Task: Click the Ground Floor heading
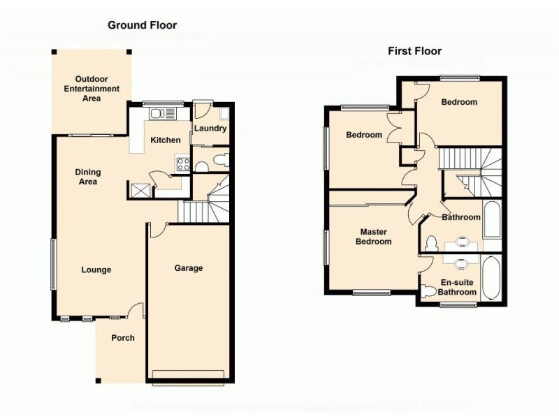tap(142, 25)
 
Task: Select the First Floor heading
tap(414, 51)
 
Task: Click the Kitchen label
tap(166, 140)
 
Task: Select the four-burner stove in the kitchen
tap(184, 165)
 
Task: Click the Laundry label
tap(210, 128)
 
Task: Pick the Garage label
tap(188, 268)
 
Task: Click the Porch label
tap(123, 338)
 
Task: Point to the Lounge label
tap(96, 270)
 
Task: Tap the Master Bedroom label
tap(374, 237)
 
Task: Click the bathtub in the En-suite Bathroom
tap(491, 278)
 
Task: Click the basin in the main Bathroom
tap(461, 242)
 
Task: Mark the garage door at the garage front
tap(188, 375)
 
